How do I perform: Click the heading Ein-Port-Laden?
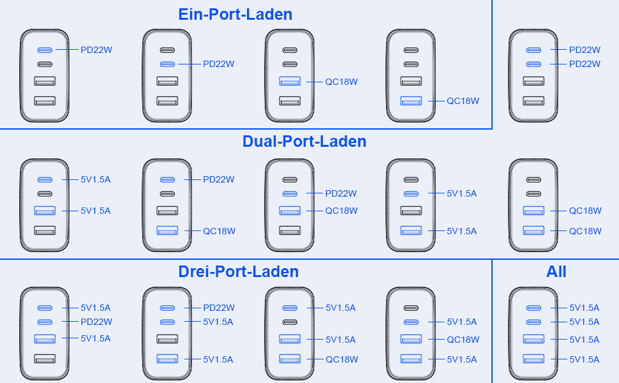click(x=235, y=14)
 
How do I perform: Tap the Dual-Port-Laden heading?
click(x=304, y=141)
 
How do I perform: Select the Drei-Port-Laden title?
click(x=238, y=271)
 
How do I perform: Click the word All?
click(x=556, y=271)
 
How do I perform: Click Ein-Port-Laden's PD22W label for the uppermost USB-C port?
click(x=96, y=50)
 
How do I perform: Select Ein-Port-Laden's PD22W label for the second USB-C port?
click(x=219, y=64)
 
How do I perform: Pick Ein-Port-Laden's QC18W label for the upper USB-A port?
click(x=341, y=82)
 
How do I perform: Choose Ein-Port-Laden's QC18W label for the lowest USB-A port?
click(x=463, y=101)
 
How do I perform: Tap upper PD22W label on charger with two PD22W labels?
click(x=585, y=50)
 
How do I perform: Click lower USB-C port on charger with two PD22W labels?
click(x=533, y=64)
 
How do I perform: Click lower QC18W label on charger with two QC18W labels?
click(x=585, y=231)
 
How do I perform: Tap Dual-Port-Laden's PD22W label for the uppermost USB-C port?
click(x=219, y=180)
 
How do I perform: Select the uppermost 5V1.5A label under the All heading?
click(x=585, y=308)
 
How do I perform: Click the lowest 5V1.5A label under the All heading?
click(x=585, y=359)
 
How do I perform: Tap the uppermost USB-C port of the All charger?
click(x=533, y=308)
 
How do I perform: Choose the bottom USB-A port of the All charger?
click(x=533, y=359)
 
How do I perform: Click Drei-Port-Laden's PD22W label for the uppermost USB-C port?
click(x=219, y=308)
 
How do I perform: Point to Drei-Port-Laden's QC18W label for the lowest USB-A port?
click(x=341, y=359)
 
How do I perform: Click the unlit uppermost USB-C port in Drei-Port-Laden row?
click(x=412, y=308)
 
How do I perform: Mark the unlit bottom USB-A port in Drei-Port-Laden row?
click(x=45, y=359)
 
